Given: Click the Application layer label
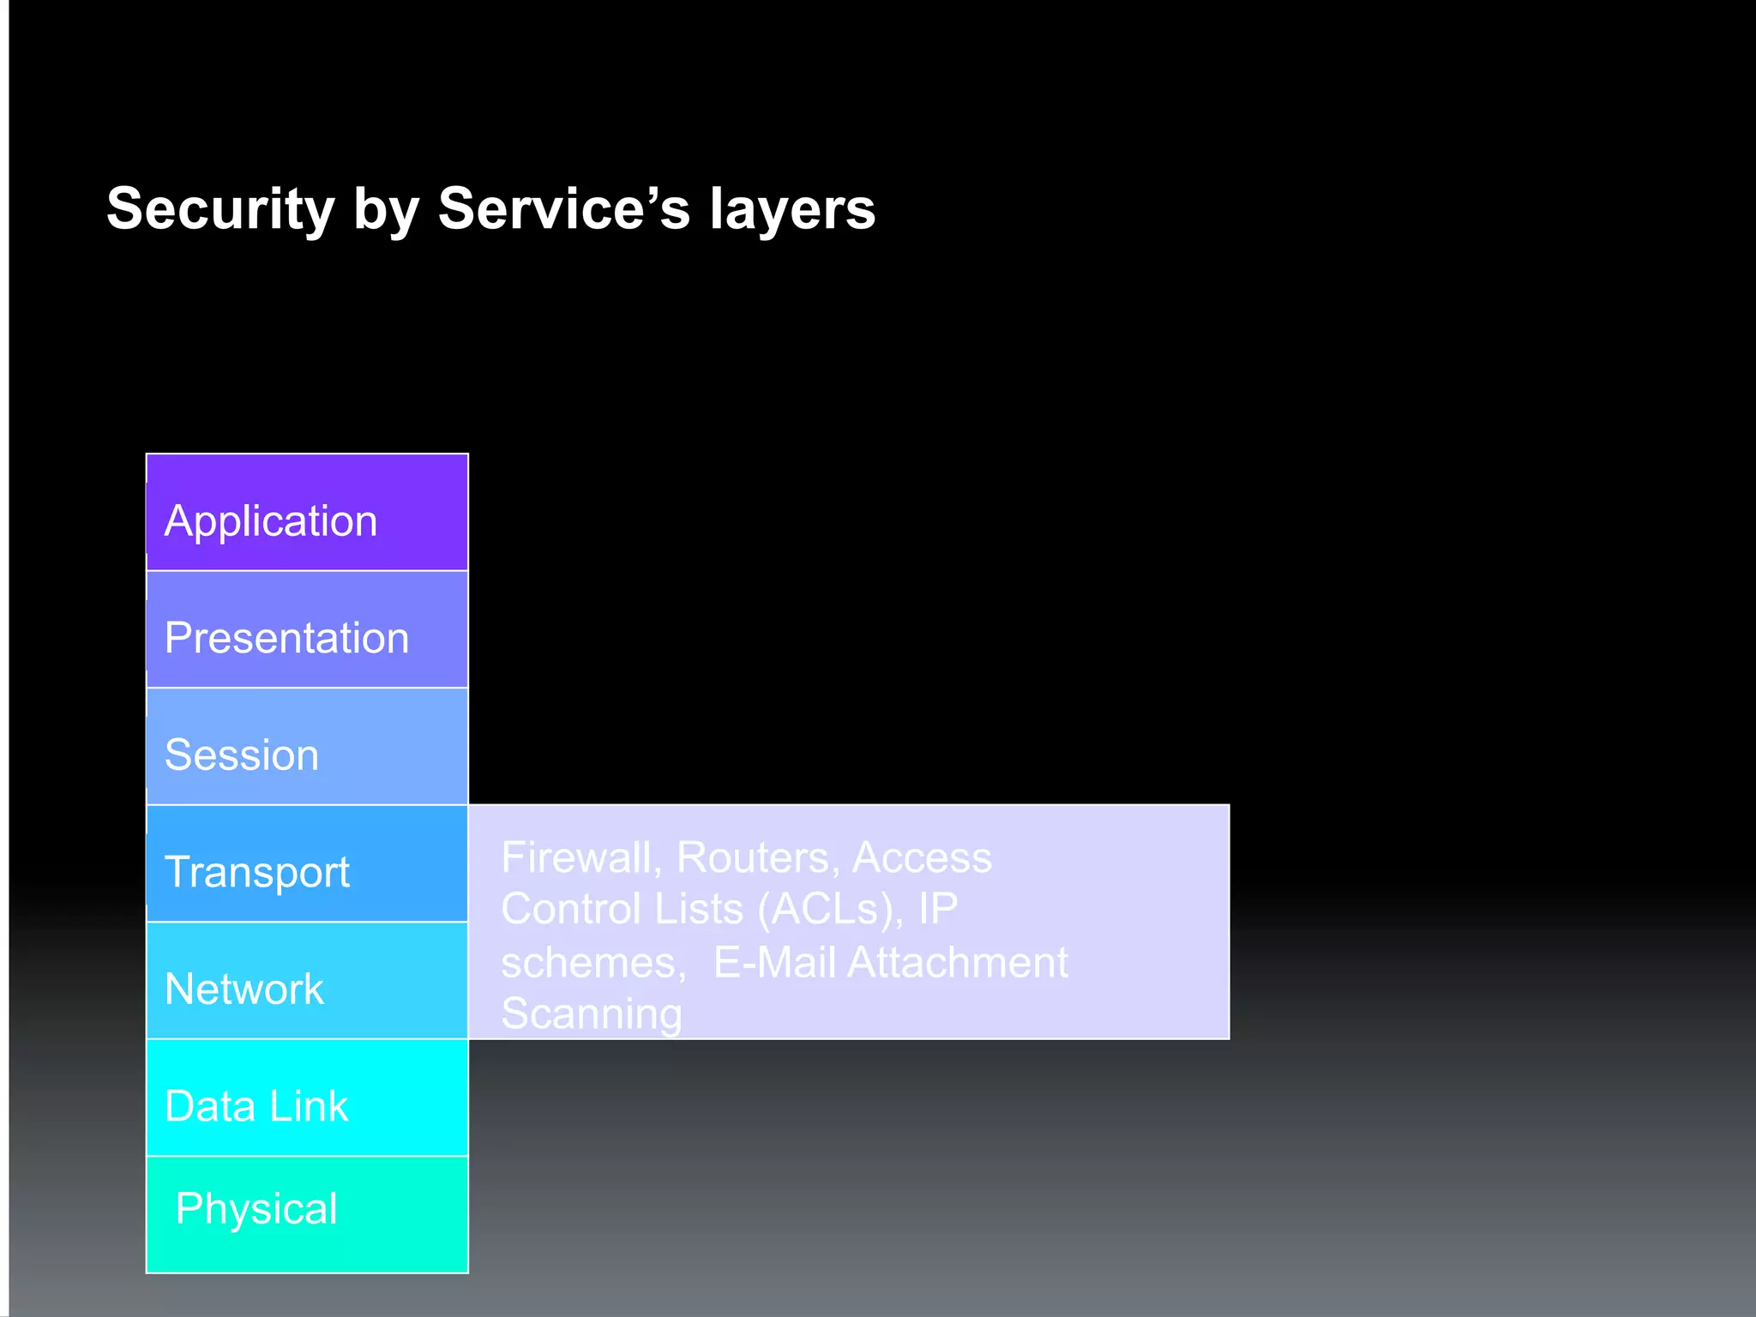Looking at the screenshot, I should pos(271,521).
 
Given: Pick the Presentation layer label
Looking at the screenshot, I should pos(286,638).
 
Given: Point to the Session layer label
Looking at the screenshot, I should pos(242,755).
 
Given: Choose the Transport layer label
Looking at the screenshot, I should pos(257,872).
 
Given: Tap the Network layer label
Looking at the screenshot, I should pos(244,989).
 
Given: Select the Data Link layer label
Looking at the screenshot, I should pos(256,1106).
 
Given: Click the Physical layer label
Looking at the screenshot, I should pos(256,1209).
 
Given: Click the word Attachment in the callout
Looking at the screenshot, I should pos(958,962).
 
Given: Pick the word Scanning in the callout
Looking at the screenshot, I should pos(592,1013).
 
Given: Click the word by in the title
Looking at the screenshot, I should pos(385,210).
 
